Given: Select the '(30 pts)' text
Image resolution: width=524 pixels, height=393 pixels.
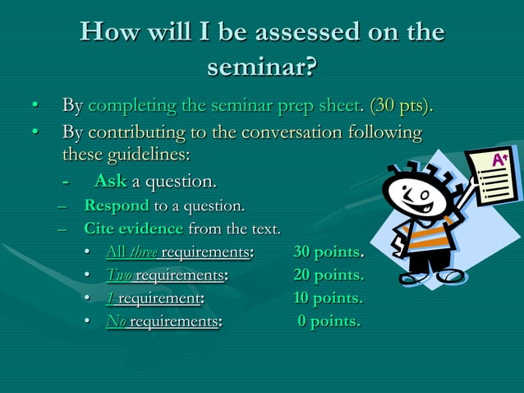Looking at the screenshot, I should (x=402, y=106).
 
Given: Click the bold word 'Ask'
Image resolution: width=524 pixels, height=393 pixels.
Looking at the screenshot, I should (x=110, y=180).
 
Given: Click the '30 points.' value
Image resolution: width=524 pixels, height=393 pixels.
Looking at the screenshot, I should (x=329, y=252).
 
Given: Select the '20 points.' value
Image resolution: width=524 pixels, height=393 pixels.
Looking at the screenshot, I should (x=329, y=275).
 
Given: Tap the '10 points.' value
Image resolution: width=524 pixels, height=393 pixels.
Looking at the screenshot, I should (x=329, y=298).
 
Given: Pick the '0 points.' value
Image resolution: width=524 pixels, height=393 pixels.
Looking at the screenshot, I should (x=329, y=321).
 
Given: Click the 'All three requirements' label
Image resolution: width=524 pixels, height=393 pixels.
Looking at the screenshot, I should (x=178, y=252).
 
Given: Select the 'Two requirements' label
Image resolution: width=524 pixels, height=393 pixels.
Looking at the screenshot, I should (x=166, y=275).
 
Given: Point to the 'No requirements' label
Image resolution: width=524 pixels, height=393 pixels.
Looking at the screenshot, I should (x=163, y=321).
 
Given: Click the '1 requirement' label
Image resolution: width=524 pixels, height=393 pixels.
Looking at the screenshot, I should (x=154, y=298).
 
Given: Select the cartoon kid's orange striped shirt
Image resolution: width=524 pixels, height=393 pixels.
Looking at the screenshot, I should (x=422, y=239).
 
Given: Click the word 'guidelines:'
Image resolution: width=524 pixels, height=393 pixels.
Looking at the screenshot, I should (x=126, y=155).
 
